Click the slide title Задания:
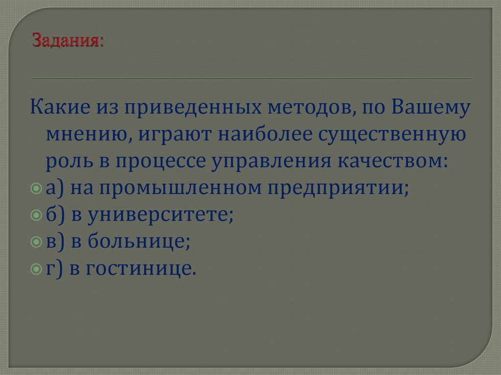click(68, 40)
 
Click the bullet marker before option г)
click(36, 268)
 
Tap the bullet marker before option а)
click(36, 188)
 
